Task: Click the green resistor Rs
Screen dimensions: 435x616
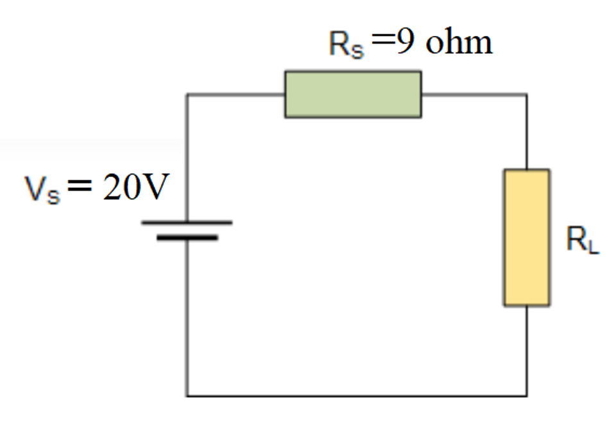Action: click(353, 94)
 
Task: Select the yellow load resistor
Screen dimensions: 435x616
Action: click(526, 237)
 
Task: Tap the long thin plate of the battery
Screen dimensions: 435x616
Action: click(187, 223)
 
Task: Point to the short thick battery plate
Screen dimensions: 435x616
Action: click(187, 237)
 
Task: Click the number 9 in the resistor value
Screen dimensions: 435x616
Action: click(406, 43)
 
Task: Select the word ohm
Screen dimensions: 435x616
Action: click(459, 43)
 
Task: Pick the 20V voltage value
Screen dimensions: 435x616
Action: click(135, 189)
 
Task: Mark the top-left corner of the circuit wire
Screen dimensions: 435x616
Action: click(187, 94)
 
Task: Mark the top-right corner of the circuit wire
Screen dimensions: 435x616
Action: click(527, 94)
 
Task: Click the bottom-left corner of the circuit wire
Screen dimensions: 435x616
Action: click(187, 396)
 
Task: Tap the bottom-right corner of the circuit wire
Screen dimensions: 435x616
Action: click(527, 396)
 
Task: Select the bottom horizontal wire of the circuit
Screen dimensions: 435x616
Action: click(357, 396)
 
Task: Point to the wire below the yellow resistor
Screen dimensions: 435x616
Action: click(527, 350)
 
